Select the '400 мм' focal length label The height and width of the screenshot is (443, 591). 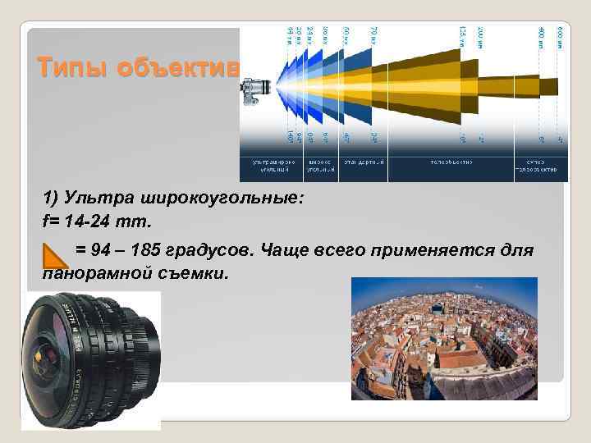(x=541, y=36)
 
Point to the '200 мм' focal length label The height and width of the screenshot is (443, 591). (x=480, y=36)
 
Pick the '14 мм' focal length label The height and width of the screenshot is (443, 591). (x=290, y=36)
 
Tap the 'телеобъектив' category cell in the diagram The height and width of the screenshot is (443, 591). (x=451, y=162)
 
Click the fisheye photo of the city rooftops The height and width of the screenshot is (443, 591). (x=443, y=338)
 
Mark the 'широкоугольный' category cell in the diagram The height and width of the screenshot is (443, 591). (x=322, y=167)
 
